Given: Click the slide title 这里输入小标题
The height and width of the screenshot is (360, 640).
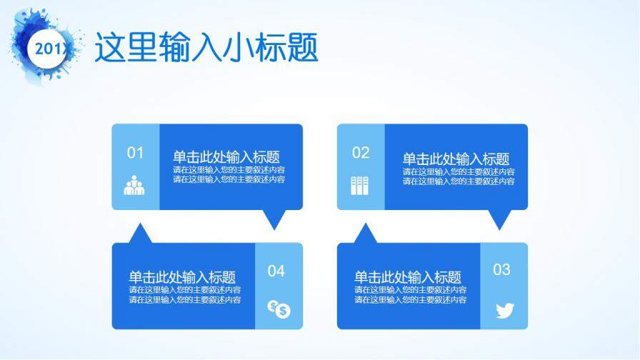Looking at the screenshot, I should pos(206,49).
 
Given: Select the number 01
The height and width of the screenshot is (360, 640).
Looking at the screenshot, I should pos(135,152).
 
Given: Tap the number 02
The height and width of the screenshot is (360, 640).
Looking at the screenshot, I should pos(361,152).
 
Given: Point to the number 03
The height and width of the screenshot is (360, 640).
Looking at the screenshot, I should pos(502,269).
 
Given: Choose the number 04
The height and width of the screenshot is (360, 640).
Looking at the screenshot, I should pos(276,271).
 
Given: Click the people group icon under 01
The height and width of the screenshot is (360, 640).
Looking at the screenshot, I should pos(134,186).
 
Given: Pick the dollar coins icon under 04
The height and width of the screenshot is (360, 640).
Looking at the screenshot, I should pos(279,309).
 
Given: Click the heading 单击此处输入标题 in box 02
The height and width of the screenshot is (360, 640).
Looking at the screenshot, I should pos(456,159).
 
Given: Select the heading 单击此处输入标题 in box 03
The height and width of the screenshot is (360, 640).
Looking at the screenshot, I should pos(408,277).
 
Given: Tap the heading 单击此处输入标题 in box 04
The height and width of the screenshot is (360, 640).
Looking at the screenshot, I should pos(182,277).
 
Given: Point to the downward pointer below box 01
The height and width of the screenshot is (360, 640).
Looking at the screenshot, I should pos(274,219).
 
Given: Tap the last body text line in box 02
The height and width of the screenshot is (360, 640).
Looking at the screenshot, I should pos(459,181).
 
